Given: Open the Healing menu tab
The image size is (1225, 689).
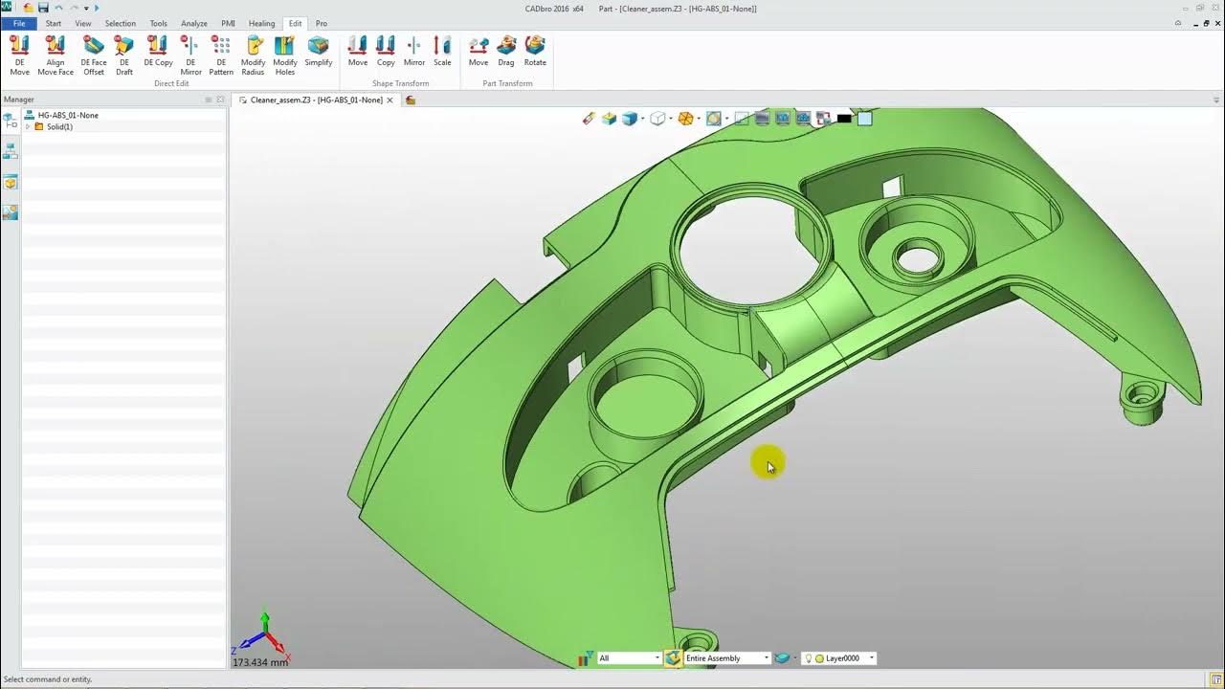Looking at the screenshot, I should (261, 23).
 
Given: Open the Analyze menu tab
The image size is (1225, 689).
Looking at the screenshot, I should (194, 23).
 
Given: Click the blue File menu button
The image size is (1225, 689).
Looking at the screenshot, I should (19, 23).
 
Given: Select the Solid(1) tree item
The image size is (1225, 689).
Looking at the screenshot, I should (59, 126).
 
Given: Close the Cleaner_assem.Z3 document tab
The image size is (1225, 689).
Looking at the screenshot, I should (390, 100).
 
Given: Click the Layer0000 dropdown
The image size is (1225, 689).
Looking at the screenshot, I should (842, 658).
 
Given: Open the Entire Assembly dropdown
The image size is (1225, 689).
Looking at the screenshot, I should (726, 658).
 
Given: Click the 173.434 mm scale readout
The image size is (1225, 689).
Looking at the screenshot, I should (260, 662).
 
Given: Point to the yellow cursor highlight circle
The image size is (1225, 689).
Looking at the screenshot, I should (767, 463).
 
